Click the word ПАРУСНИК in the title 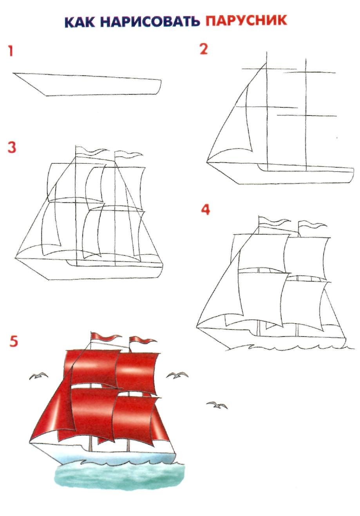pyautogui.click(x=246, y=21)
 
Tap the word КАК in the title pyautogui.click(x=80, y=22)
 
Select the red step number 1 pyautogui.click(x=10, y=51)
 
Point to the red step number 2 pyautogui.click(x=204, y=49)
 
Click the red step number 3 pyautogui.click(x=12, y=147)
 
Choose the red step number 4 pyautogui.click(x=205, y=210)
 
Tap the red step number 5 pyautogui.click(x=14, y=341)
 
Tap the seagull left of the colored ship pyautogui.click(x=38, y=376)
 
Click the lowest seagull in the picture pyautogui.click(x=217, y=405)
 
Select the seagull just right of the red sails pyautogui.click(x=177, y=375)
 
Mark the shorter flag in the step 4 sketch pyautogui.click(x=312, y=225)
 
